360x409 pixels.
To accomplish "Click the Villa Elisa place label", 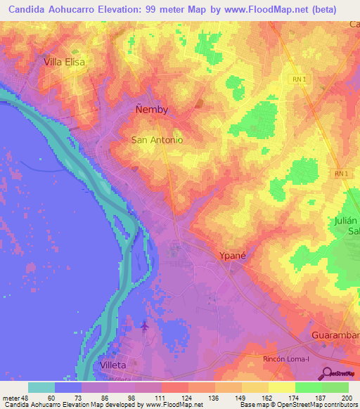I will [x=65, y=62].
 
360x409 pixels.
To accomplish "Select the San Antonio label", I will [x=157, y=140].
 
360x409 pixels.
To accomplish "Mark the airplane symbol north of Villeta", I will [x=146, y=326].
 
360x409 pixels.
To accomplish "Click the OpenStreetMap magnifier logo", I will [x=327, y=373].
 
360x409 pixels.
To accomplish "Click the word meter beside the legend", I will [x=10, y=397].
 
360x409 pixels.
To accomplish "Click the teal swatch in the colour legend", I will [x=41, y=387].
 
